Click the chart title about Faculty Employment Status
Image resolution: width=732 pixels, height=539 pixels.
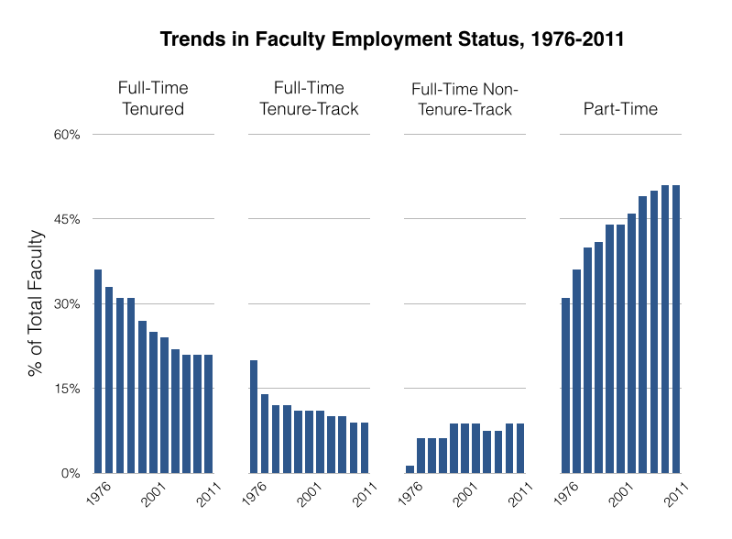click(392, 39)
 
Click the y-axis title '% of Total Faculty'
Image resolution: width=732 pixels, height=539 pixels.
click(36, 303)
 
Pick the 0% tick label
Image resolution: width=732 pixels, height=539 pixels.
click(71, 473)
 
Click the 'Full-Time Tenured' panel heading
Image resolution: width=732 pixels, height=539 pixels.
click(153, 99)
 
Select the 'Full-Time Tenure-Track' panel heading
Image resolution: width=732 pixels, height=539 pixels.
click(309, 99)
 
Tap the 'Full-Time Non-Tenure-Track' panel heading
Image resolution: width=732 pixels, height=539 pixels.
click(464, 99)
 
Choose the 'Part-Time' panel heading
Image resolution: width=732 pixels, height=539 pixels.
click(620, 110)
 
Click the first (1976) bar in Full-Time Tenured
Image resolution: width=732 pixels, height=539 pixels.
click(98, 371)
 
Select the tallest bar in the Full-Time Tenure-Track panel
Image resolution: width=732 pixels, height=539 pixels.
click(254, 416)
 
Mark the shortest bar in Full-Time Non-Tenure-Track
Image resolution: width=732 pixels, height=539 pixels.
click(410, 469)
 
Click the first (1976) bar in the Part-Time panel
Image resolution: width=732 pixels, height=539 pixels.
click(565, 385)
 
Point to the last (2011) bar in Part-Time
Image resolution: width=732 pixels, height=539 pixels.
click(676, 329)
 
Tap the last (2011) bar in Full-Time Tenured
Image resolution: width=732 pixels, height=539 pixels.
click(209, 413)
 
